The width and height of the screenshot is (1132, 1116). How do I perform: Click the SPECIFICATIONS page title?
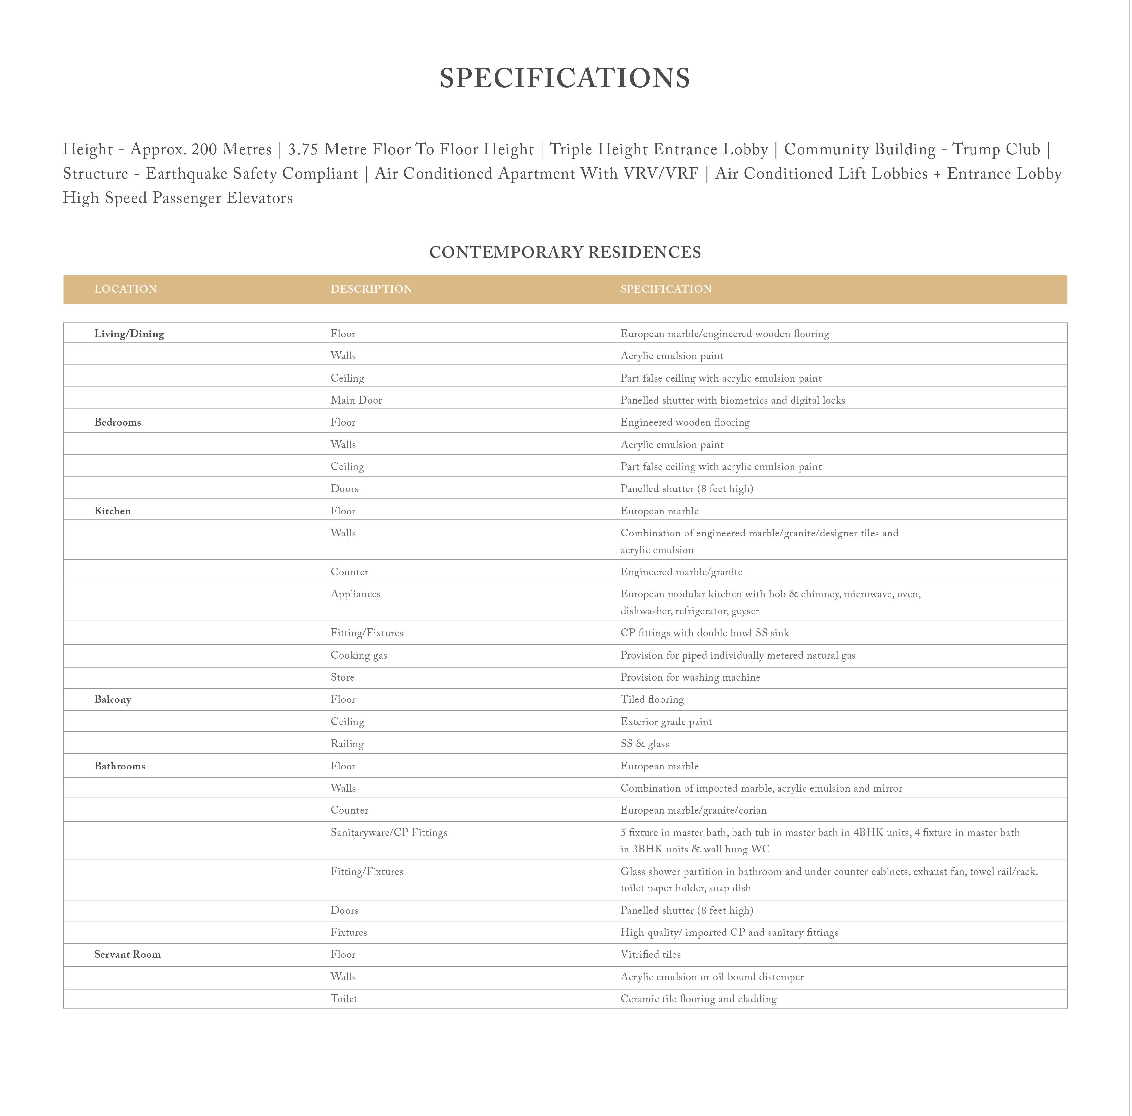(565, 78)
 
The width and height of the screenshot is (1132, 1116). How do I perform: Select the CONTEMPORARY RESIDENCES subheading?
(565, 252)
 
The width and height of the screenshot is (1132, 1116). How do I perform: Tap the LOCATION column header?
(125, 289)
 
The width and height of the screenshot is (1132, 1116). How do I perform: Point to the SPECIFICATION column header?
(666, 289)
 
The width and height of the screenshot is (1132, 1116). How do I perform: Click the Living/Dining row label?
(129, 334)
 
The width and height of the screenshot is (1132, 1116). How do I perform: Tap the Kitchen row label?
(113, 511)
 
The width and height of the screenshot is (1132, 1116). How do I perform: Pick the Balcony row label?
(113, 699)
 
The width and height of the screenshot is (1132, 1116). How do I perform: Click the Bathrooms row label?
(120, 766)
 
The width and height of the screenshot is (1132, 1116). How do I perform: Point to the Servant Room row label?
(127, 954)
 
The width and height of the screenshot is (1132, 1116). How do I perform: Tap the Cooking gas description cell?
(359, 655)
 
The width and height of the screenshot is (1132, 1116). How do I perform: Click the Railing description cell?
(347, 744)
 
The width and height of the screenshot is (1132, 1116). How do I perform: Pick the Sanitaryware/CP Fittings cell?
(388, 832)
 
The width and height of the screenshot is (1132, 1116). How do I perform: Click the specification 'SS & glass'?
(645, 744)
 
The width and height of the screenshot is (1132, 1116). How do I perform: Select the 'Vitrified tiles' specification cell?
(650, 954)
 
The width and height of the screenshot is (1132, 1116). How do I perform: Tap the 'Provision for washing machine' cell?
(690, 677)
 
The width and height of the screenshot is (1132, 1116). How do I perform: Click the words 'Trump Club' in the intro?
(996, 149)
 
